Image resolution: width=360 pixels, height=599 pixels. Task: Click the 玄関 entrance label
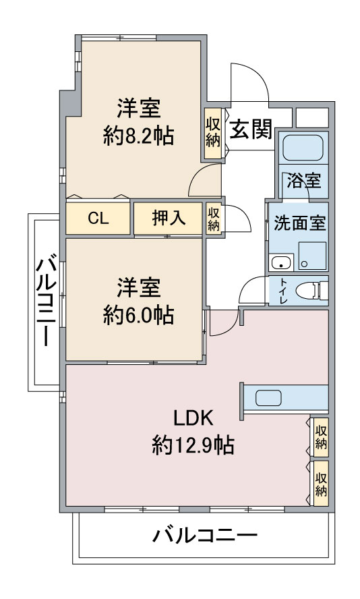[251, 129]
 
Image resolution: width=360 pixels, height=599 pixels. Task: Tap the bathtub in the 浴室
[303, 148]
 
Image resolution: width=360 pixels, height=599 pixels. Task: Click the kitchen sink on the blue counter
[269, 398]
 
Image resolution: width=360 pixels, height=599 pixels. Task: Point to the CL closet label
[98, 219]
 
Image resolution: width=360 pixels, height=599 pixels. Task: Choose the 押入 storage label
[169, 218]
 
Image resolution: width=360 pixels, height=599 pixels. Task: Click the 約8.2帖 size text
[138, 136]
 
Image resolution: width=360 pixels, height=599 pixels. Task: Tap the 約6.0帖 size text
[138, 316]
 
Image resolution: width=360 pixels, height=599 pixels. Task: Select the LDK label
[193, 418]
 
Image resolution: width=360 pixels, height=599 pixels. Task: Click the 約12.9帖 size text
[193, 445]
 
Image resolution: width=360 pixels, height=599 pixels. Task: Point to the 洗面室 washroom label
[299, 223]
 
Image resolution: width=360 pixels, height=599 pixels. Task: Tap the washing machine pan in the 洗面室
[312, 256]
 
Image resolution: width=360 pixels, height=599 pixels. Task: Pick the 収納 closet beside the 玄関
[212, 133]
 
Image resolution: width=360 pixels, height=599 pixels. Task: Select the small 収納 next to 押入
[214, 219]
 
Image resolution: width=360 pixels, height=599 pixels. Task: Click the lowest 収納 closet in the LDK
[321, 484]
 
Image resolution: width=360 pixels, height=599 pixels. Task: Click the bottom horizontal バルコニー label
[205, 535]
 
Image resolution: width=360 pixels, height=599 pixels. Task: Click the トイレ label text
[283, 291]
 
